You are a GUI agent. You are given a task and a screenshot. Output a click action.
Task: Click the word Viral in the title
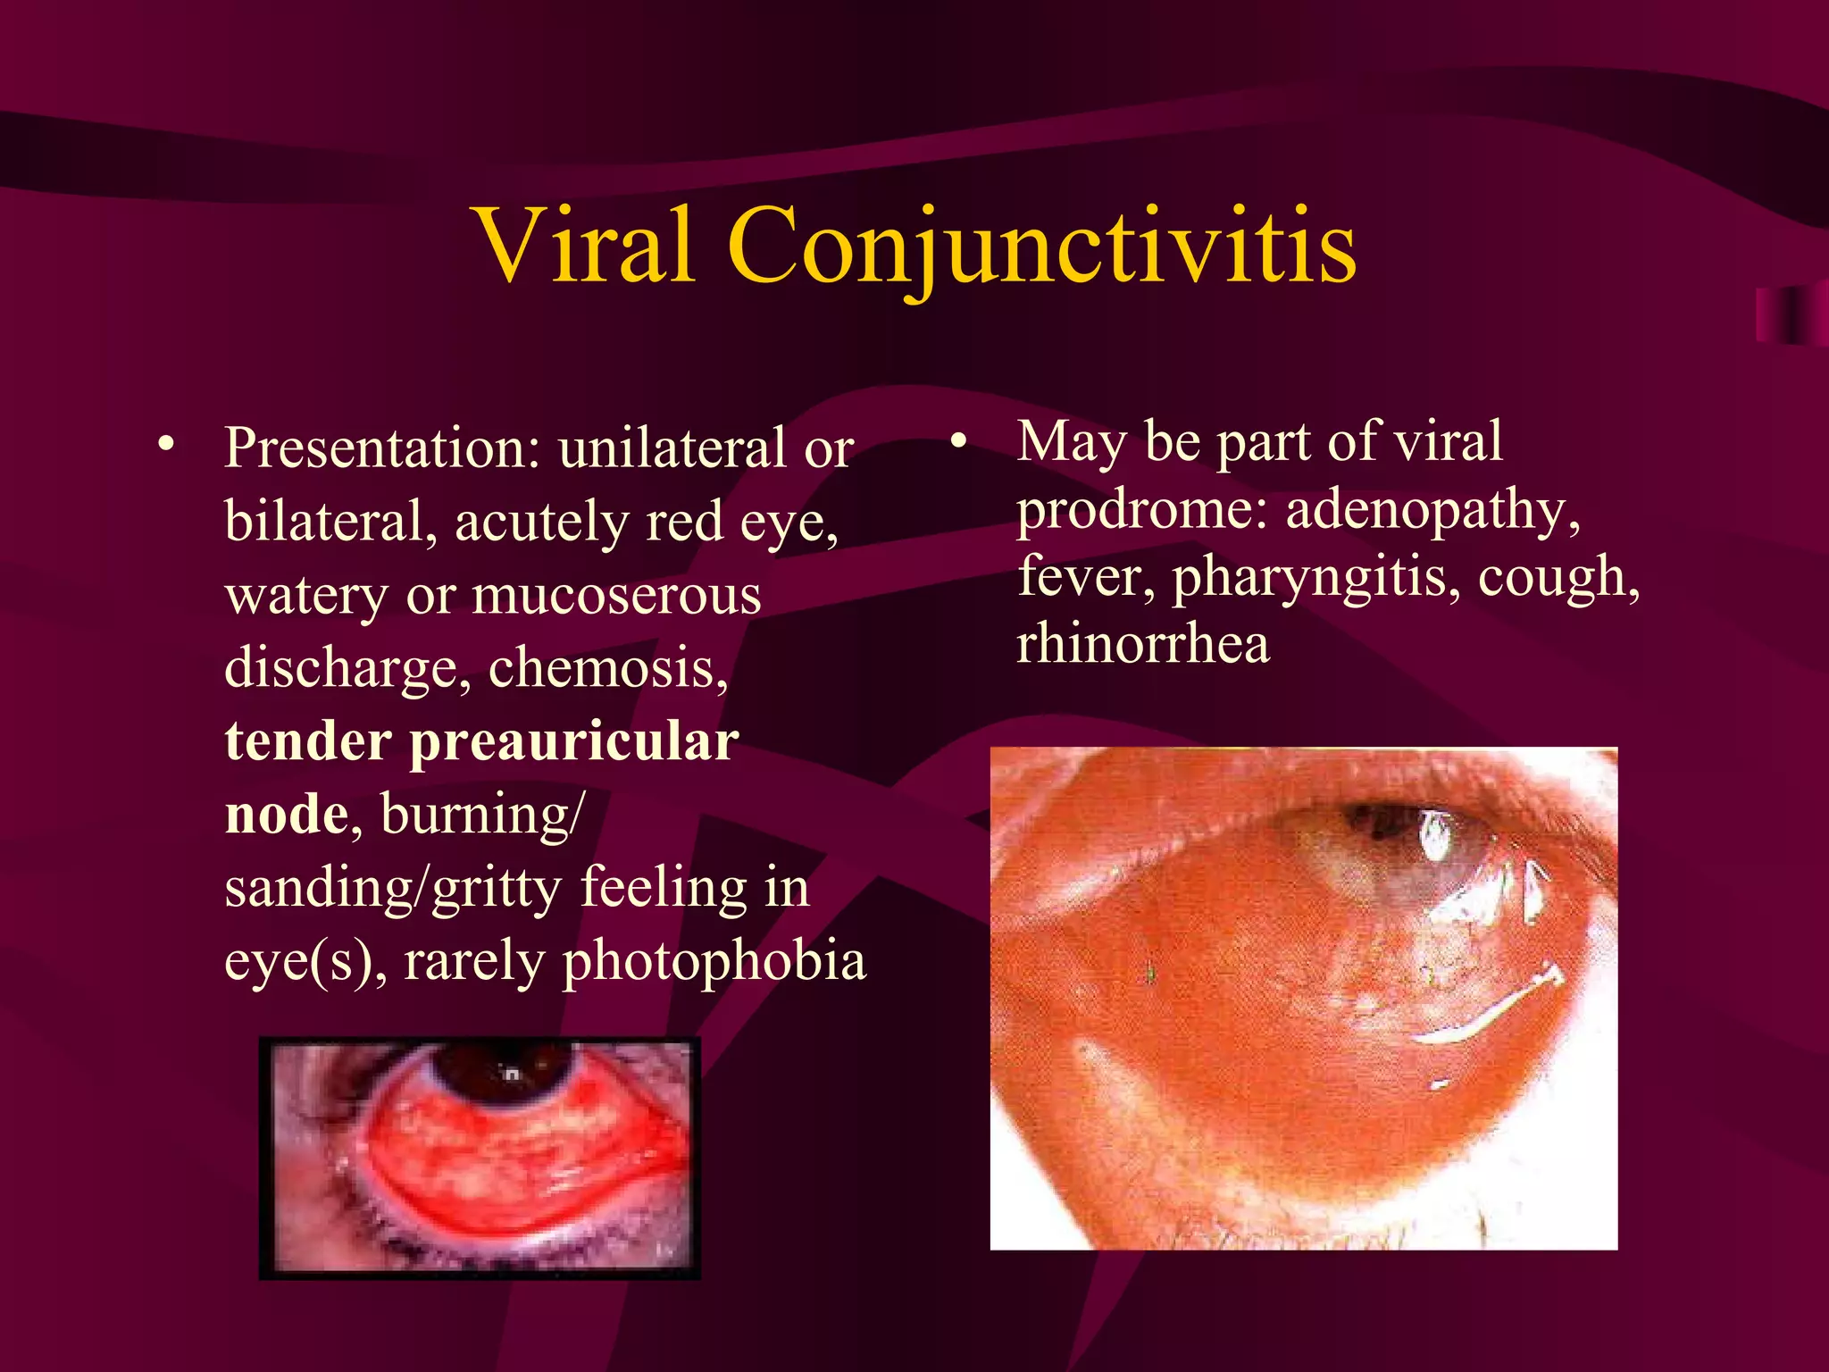(x=586, y=246)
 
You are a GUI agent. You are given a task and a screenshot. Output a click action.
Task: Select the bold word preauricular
(x=573, y=741)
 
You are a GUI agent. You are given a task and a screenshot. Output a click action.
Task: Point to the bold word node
(x=286, y=815)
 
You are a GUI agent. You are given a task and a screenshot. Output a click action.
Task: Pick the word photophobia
(x=714, y=962)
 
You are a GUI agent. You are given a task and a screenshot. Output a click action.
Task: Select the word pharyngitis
(x=1316, y=577)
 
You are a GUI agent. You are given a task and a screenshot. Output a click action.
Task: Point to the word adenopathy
(x=1432, y=510)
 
